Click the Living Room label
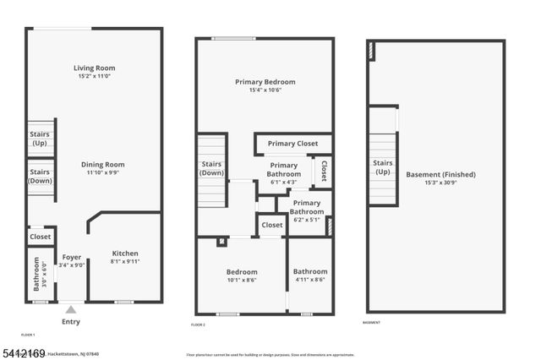pos(94,68)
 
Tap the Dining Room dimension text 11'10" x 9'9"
pos(103,172)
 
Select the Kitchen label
pos(125,254)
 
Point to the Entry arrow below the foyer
pos(71,308)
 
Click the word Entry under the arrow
pos(72,322)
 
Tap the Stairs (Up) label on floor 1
pos(40,138)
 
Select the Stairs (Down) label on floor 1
pos(40,176)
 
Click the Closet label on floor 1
pos(40,237)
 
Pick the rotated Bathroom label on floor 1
pos(36,279)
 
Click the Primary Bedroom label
pos(265,82)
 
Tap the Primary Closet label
pos(292,144)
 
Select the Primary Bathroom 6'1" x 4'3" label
pos(283,170)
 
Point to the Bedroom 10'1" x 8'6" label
pos(242,272)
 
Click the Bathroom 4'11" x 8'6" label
pos(310,272)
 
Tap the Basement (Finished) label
pos(440,175)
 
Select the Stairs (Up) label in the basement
pos(383,166)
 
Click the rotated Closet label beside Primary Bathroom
pos(323,172)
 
